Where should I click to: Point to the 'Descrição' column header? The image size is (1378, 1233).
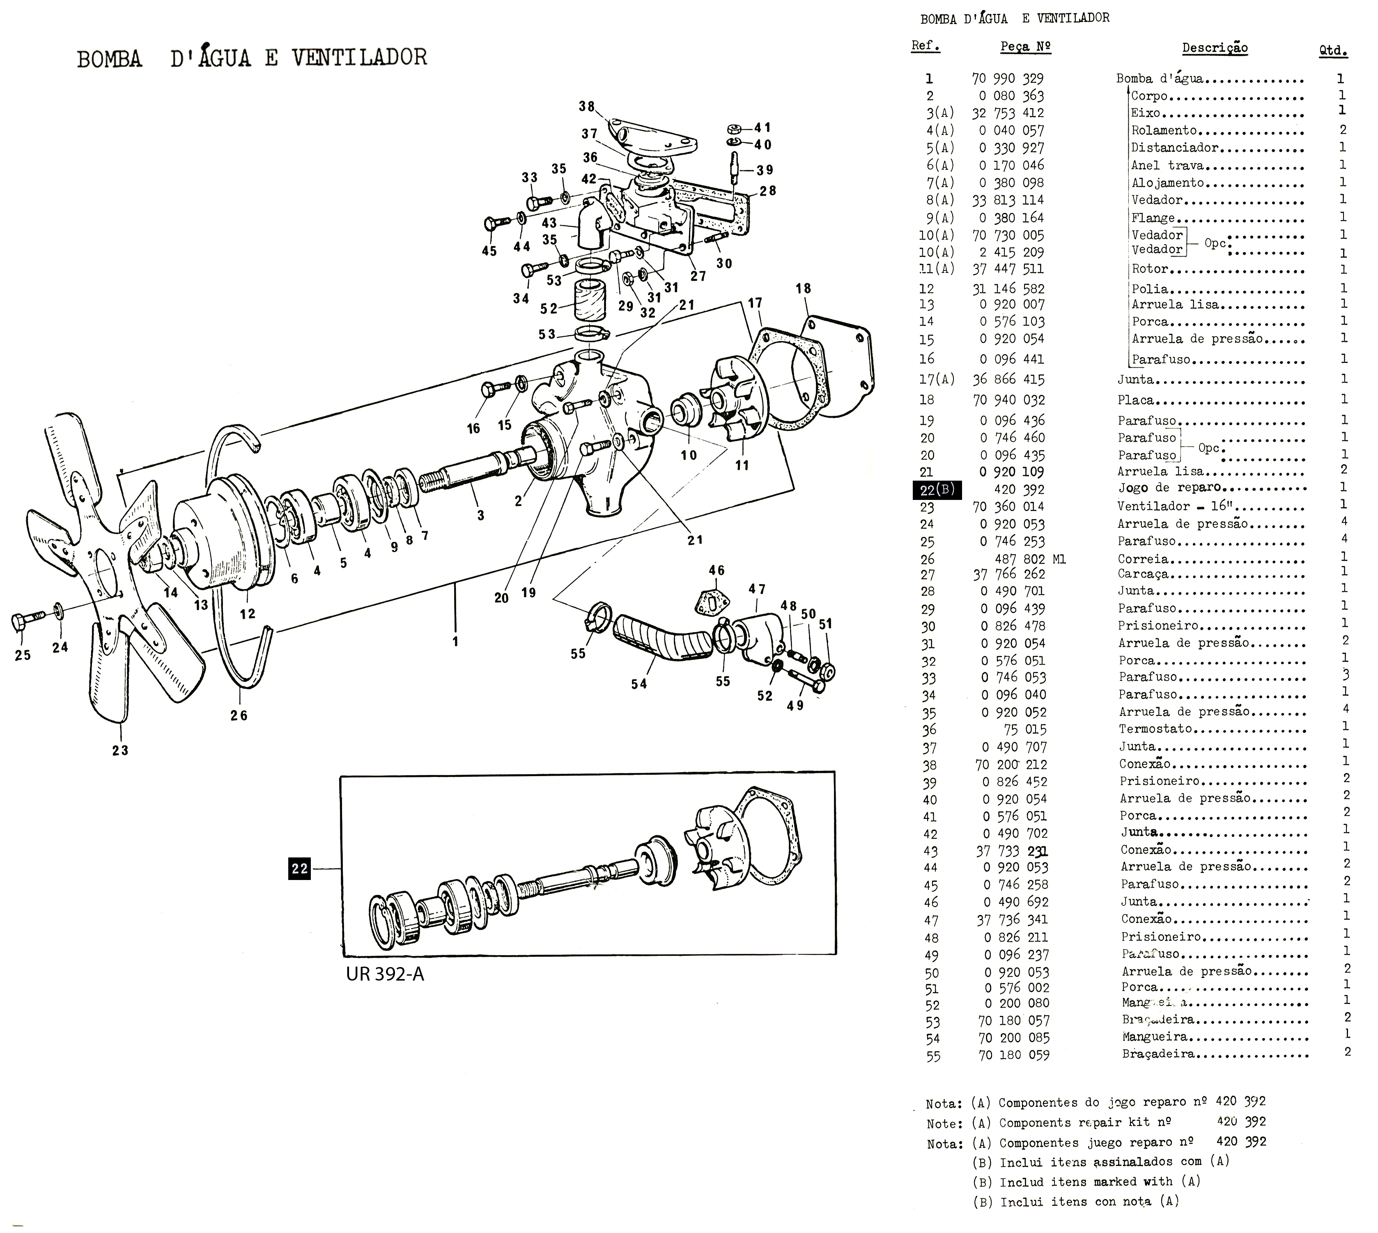(1215, 48)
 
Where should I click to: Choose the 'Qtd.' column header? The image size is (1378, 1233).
(1332, 50)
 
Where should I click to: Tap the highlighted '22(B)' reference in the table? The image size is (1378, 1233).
(937, 489)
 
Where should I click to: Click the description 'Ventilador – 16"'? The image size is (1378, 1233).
(1162, 506)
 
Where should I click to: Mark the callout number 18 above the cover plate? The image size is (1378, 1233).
(803, 289)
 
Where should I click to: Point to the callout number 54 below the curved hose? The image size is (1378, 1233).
(639, 684)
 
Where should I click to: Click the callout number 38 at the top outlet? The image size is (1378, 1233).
(586, 106)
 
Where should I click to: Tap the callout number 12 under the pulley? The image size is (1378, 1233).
(248, 614)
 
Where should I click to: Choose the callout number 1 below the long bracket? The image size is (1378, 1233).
(455, 641)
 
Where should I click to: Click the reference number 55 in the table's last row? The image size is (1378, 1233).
(933, 1056)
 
